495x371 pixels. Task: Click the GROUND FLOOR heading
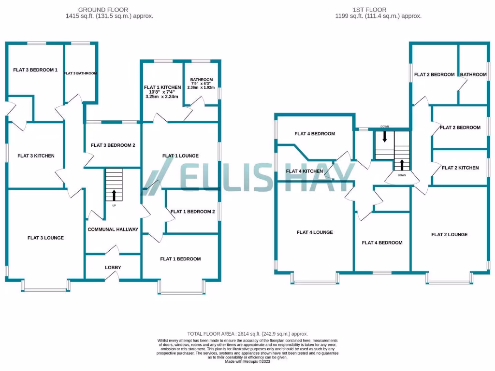pos(109,9)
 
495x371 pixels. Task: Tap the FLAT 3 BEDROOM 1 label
pos(35,70)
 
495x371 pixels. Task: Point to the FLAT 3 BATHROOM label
pos(80,73)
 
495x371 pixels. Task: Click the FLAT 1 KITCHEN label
pos(162,87)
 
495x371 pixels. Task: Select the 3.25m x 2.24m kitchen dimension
pos(162,97)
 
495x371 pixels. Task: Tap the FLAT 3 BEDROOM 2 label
pos(113,145)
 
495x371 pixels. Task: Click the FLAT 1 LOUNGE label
pos(180,156)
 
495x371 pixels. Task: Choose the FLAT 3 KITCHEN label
pos(36,156)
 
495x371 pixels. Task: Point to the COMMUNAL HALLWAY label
pos(113,229)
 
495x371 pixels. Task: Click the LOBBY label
pos(113,268)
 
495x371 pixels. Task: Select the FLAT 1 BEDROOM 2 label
pos(192,212)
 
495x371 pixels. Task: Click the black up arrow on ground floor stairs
pos(114,195)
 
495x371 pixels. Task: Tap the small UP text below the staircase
pos(114,206)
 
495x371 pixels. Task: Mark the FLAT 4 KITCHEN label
pos(305,171)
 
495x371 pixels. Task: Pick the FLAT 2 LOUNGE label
pos(449,235)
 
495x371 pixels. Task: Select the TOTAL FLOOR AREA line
pos(247,334)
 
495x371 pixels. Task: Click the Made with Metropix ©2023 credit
pos(247,361)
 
